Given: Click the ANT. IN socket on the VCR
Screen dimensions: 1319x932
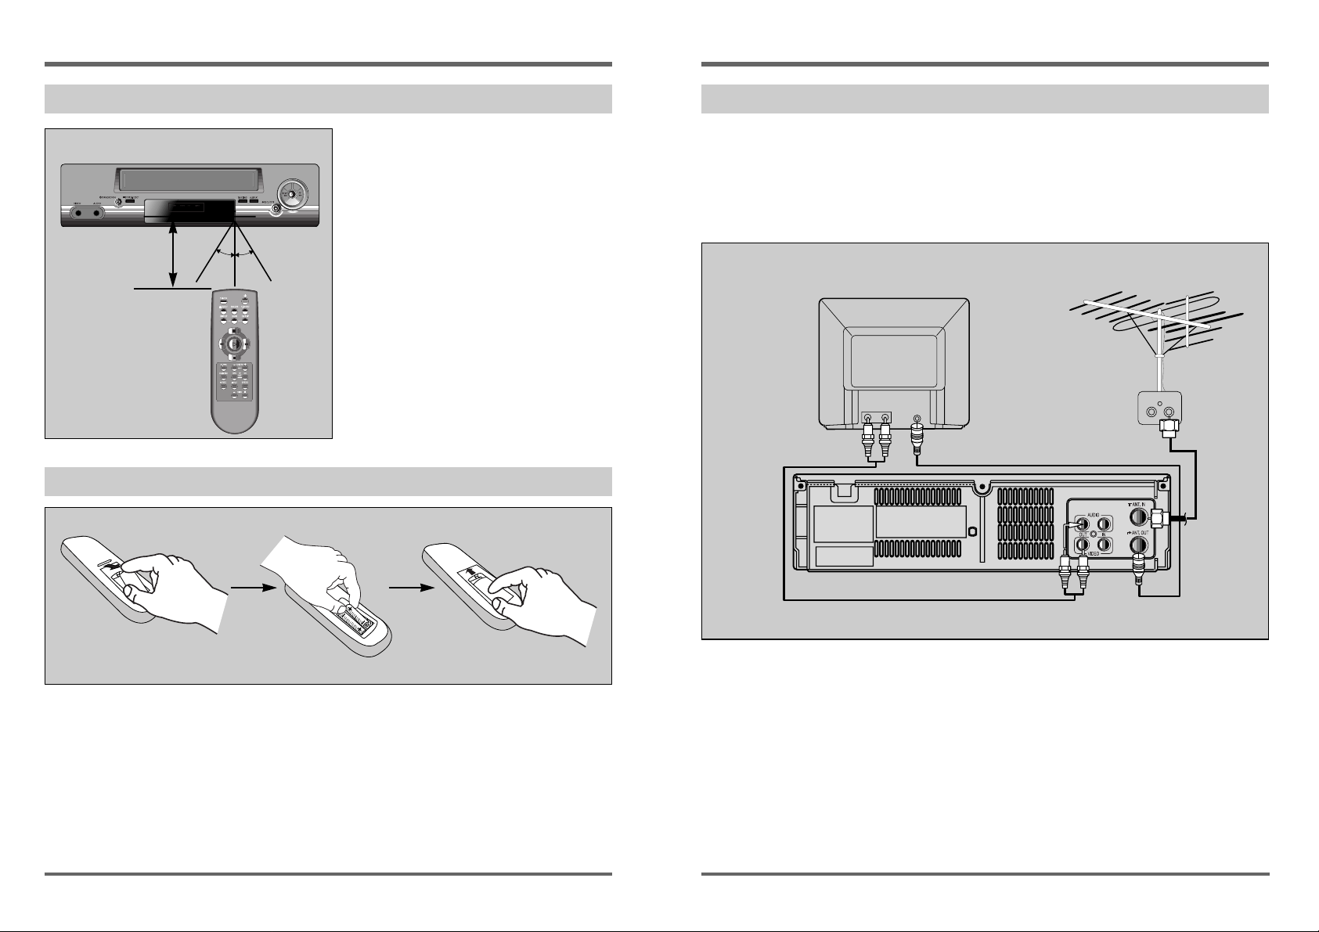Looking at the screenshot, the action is (1139, 518).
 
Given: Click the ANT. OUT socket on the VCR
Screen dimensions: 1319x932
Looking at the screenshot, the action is (1139, 545).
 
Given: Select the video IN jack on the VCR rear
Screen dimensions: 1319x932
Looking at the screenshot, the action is (1104, 543).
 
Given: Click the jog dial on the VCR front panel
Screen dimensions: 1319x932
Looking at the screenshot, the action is (290, 195).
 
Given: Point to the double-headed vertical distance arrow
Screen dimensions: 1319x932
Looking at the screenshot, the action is (173, 254).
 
